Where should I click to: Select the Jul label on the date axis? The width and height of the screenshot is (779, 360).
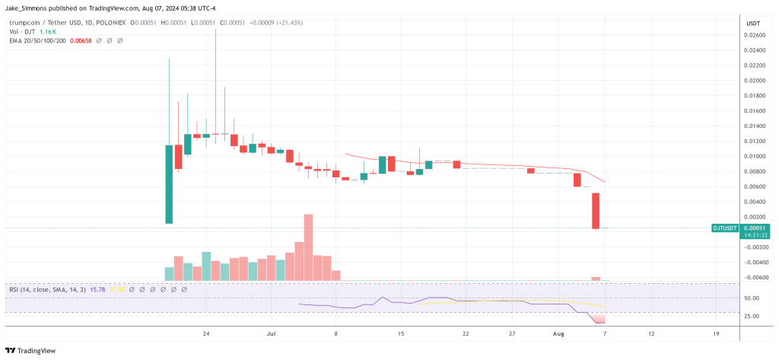point(272,333)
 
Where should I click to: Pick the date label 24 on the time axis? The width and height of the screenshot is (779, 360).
point(206,333)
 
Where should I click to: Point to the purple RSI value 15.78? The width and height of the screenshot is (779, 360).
point(97,289)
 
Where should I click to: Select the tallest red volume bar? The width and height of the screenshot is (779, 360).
point(308,247)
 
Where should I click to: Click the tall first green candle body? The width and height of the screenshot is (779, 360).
point(169,183)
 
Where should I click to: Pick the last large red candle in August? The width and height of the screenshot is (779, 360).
point(596,210)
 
